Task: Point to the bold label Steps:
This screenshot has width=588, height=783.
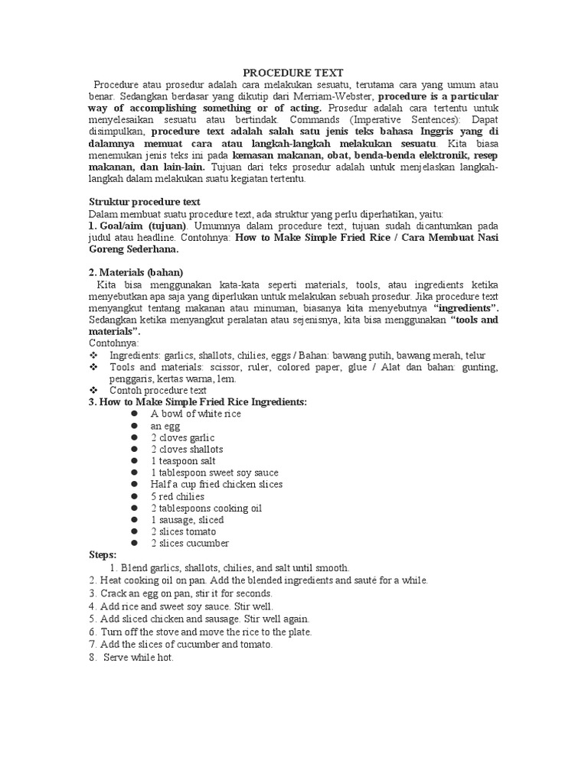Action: pyautogui.click(x=103, y=555)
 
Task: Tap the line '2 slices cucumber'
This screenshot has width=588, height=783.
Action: pyautogui.click(x=190, y=543)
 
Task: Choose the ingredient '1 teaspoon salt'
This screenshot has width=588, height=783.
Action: pyautogui.click(x=185, y=461)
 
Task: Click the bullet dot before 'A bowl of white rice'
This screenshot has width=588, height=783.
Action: pyautogui.click(x=133, y=414)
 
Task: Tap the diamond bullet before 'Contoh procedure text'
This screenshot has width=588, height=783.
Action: pyautogui.click(x=94, y=390)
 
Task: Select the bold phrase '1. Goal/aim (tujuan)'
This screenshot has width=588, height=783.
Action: pyautogui.click(x=139, y=226)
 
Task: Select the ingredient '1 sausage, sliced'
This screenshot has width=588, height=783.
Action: pyautogui.click(x=187, y=520)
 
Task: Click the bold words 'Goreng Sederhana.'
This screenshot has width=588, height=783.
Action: pyautogui.click(x=134, y=249)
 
